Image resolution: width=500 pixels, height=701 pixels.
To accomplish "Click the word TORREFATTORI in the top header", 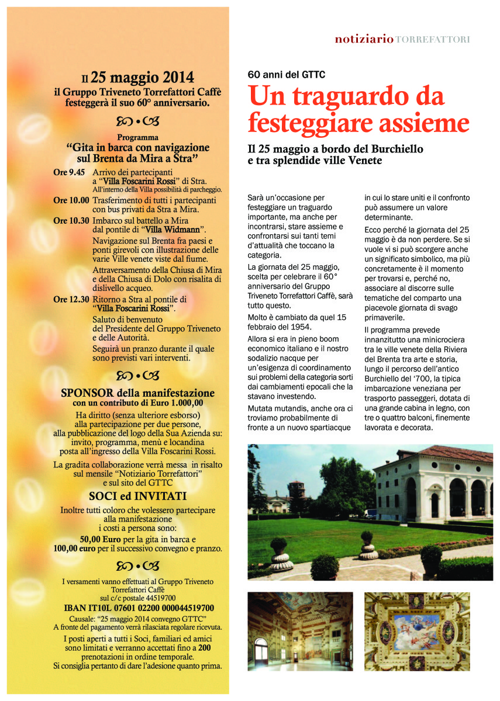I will click(433, 39).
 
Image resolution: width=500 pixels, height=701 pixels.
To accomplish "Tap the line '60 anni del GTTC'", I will click(286, 75).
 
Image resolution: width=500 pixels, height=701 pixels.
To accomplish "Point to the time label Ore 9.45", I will click(69, 173).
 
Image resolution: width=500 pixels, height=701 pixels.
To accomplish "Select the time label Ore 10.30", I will click(71, 221).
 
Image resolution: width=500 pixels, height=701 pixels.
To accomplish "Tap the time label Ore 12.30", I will click(71, 300).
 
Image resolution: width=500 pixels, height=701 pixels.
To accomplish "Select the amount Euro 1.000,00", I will click(177, 402).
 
